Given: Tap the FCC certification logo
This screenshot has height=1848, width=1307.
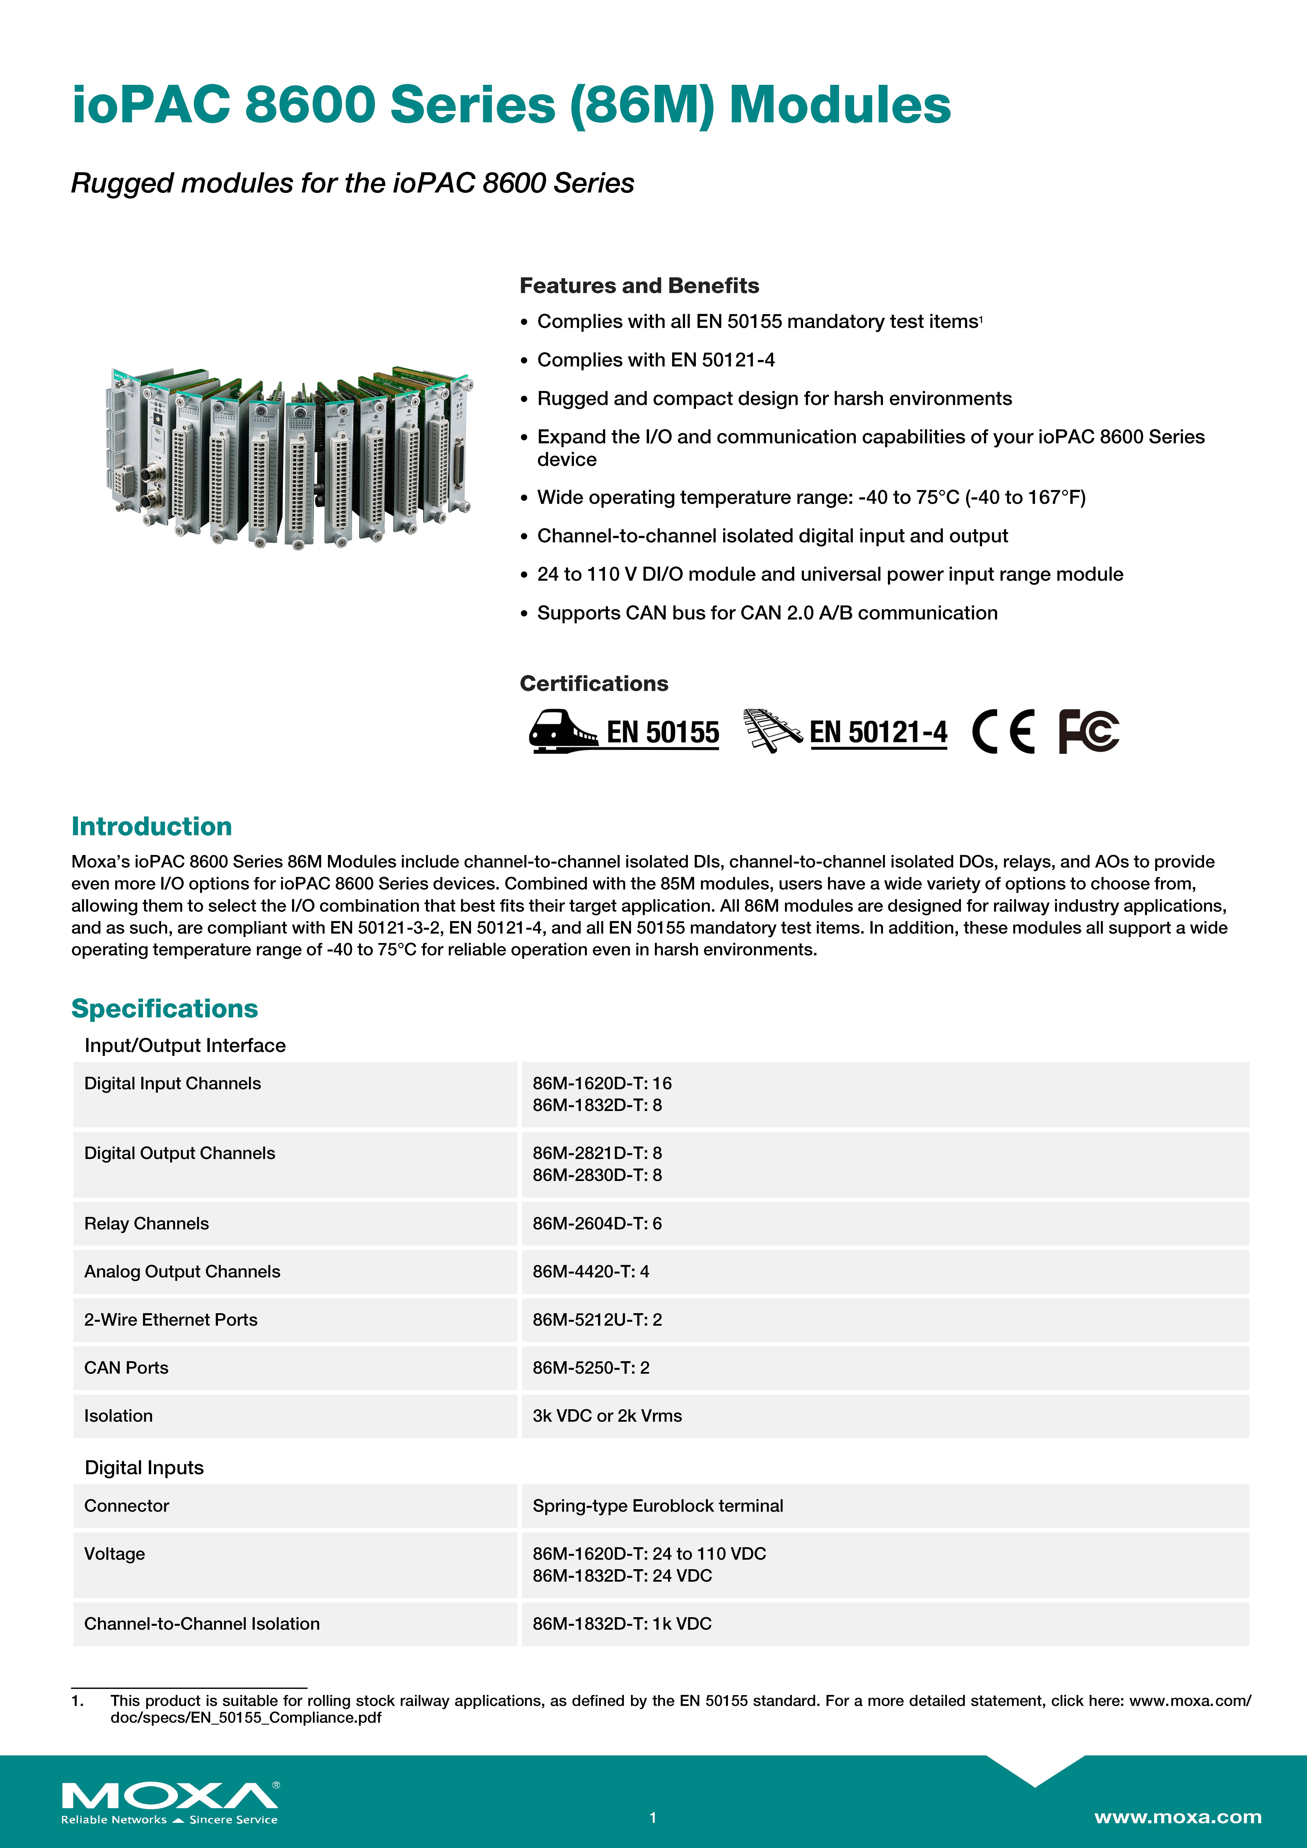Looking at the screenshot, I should click(1088, 732).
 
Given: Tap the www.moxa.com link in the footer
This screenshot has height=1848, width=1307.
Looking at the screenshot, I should click(1177, 1817).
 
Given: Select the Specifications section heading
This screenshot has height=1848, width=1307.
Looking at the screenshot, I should click(164, 1009).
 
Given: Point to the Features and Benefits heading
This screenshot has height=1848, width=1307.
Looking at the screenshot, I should click(639, 286).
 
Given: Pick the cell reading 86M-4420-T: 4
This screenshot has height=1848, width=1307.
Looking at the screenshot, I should click(590, 1272).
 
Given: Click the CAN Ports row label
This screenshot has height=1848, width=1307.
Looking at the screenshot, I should click(126, 1367).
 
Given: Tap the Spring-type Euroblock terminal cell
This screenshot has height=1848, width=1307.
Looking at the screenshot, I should click(657, 1506).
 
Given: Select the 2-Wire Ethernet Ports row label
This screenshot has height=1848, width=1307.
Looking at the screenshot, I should click(171, 1320).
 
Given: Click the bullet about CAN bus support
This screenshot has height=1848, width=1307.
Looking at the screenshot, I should click(767, 613).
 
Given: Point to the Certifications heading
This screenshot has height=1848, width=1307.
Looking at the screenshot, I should click(594, 683).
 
